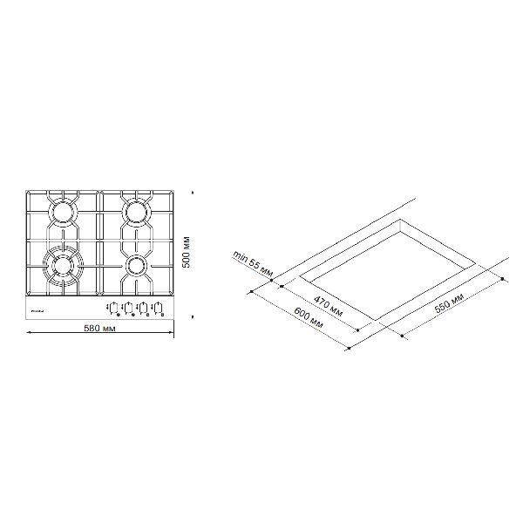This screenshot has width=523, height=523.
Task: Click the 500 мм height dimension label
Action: [x=185, y=254]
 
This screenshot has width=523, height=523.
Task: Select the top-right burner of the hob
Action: [x=136, y=211]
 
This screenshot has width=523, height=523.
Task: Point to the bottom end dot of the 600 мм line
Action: [x=348, y=350]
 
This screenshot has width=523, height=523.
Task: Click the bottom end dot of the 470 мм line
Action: [x=358, y=330]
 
